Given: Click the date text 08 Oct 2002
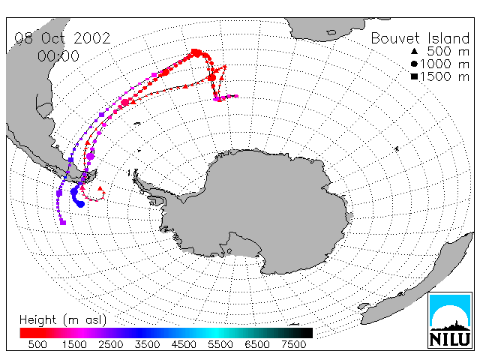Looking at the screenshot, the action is click(62, 38).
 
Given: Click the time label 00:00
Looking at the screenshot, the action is click(58, 56).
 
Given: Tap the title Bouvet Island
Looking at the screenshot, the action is click(420, 38).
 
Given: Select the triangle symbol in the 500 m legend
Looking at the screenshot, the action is click(415, 51).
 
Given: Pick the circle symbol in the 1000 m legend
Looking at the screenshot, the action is click(415, 64).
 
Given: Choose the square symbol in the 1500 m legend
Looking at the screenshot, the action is click(415, 76).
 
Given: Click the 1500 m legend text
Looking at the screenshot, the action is click(445, 76).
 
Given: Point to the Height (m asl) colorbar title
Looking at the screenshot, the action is click(63, 320).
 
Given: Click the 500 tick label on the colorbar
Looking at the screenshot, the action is click(37, 345).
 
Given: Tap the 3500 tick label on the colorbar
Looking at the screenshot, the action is click(147, 345).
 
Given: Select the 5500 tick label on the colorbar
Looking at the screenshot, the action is click(220, 345).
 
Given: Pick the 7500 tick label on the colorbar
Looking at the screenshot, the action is click(293, 345).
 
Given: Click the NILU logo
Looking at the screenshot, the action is click(450, 320).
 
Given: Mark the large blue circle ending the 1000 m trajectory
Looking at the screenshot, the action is click(80, 203).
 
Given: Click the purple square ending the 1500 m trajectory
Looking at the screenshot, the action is click(63, 222).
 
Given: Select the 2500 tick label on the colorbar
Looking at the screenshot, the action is click(111, 345).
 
